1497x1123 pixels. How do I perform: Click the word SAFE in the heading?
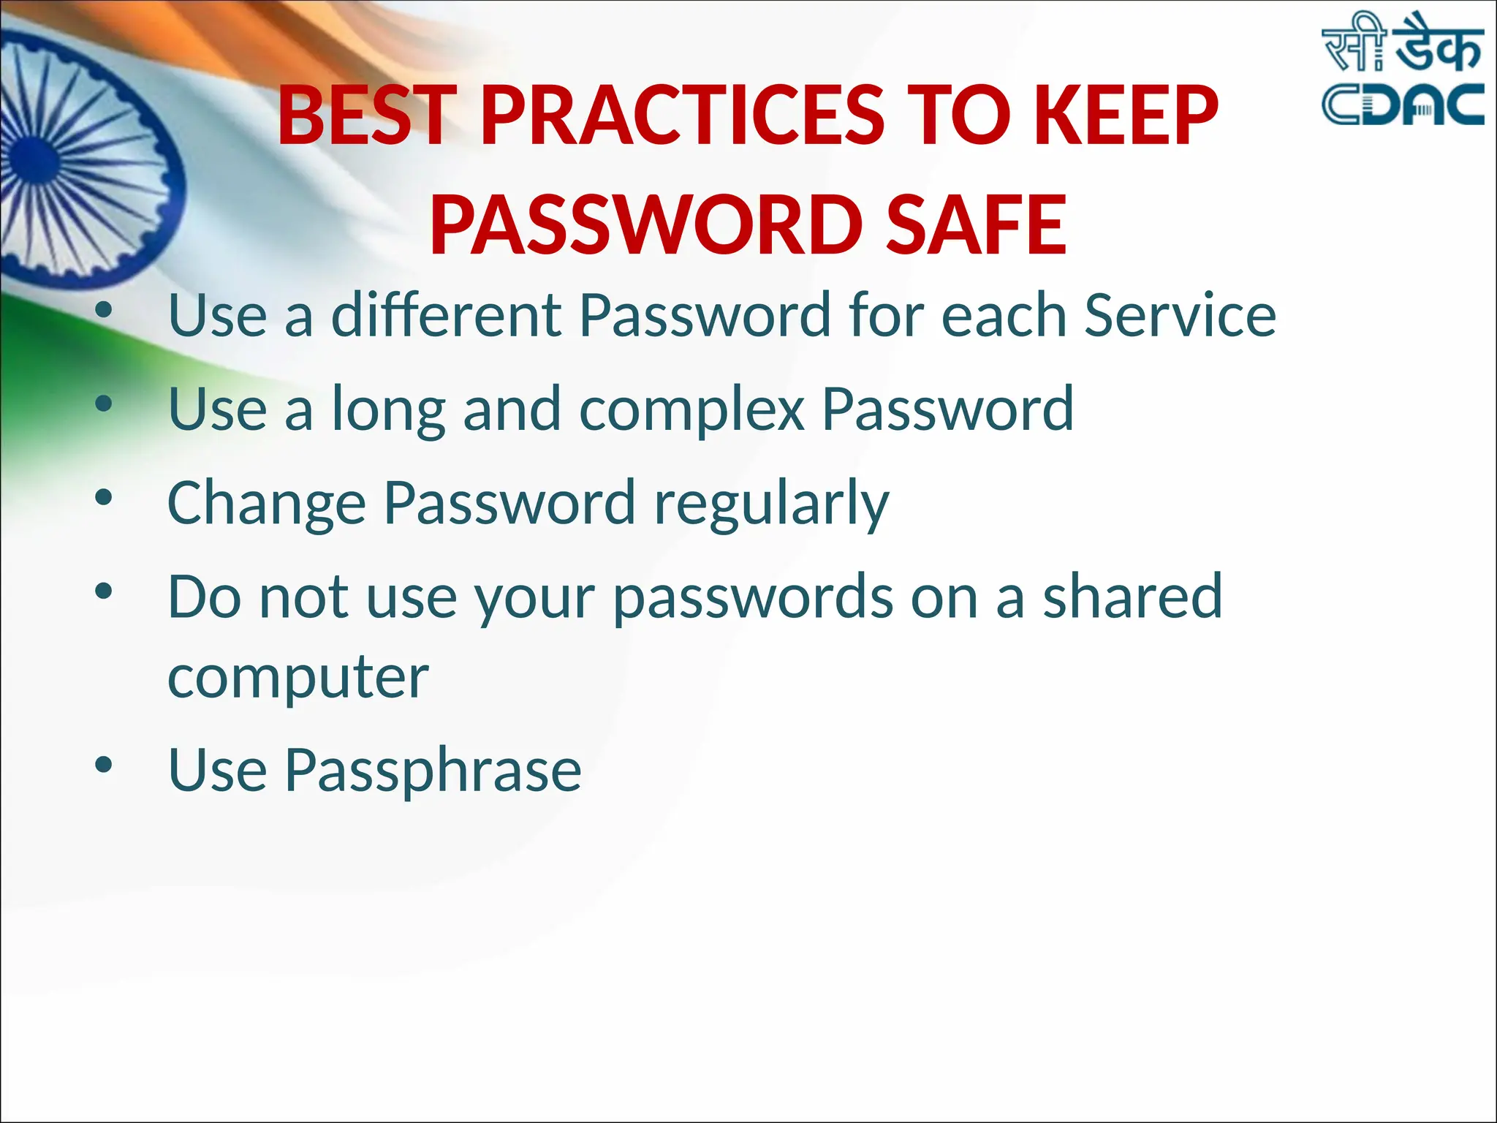click(x=975, y=224)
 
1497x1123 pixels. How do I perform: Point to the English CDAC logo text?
click(x=1403, y=105)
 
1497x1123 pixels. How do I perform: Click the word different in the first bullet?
click(x=447, y=315)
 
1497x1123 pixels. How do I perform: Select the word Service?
click(x=1180, y=315)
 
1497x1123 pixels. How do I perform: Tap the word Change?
click(x=267, y=504)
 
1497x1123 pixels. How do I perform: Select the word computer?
click(x=298, y=678)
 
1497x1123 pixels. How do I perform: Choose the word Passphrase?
click(x=433, y=771)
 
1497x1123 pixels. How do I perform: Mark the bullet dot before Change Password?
click(x=104, y=498)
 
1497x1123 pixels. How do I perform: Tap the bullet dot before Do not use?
click(x=104, y=591)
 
